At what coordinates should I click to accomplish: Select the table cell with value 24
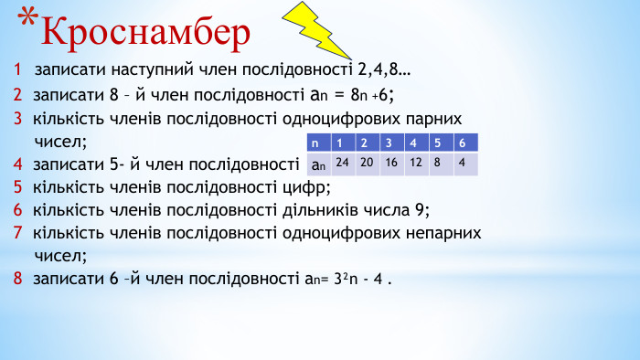pyautogui.click(x=343, y=163)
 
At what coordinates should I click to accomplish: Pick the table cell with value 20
pyautogui.click(x=368, y=163)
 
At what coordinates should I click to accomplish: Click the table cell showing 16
pyautogui.click(x=391, y=163)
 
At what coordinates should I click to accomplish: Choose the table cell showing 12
pyautogui.click(x=416, y=163)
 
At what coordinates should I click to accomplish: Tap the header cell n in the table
pyautogui.click(x=316, y=143)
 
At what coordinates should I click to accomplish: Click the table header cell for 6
pyautogui.click(x=463, y=143)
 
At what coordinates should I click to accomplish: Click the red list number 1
pyautogui.click(x=18, y=69)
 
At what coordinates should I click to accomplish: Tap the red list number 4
pyautogui.click(x=18, y=165)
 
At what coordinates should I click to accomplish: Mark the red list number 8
pyautogui.click(x=18, y=279)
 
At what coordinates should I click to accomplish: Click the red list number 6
pyautogui.click(x=18, y=209)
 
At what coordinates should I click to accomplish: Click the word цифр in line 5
pyautogui.click(x=304, y=188)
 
